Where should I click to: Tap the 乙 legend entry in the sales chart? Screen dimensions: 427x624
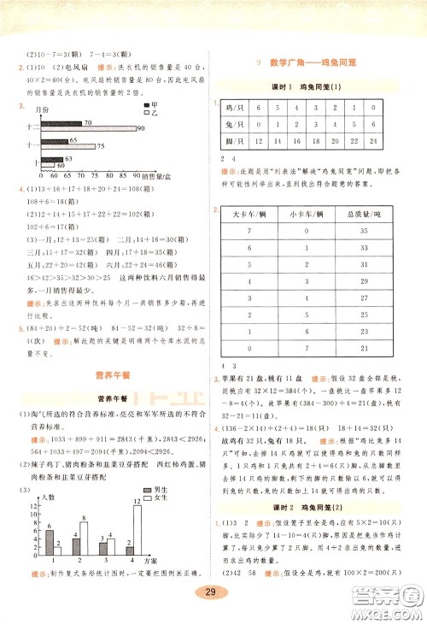(150, 112)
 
